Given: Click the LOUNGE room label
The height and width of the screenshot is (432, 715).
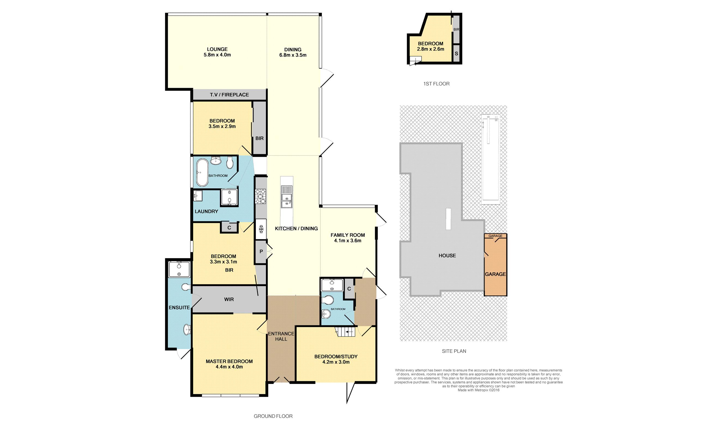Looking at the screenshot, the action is pos(217,49).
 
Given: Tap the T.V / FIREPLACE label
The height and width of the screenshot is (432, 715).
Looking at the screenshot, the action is pos(229,95).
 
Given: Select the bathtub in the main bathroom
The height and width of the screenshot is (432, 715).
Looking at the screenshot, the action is pos(202,173).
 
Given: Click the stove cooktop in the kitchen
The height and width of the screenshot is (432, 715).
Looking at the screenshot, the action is pos(260,196).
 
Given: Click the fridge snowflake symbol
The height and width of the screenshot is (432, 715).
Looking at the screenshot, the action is pos(261,229).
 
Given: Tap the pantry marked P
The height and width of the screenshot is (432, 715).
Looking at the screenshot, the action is pos(261,251).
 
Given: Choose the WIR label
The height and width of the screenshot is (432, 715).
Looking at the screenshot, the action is pos(229,299).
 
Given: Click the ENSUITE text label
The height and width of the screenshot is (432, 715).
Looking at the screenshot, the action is pos(179,307).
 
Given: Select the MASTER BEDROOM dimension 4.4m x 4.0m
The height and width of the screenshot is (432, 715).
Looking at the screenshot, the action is pos(229,367).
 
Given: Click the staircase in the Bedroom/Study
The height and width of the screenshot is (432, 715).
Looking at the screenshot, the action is pos(346,331).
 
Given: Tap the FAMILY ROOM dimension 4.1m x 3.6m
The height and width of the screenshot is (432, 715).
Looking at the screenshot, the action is pos(348,241).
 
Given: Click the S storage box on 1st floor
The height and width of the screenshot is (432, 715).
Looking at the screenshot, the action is pos(456,53).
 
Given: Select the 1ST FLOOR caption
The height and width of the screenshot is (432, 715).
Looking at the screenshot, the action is pos(437,84).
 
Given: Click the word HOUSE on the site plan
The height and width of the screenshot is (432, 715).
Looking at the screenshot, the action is pos(447,256).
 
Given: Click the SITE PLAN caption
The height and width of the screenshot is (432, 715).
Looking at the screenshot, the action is pos(454,351).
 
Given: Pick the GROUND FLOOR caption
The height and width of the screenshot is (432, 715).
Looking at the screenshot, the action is pos(273,416).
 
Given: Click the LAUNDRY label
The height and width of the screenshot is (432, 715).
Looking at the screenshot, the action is pos(206,211).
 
